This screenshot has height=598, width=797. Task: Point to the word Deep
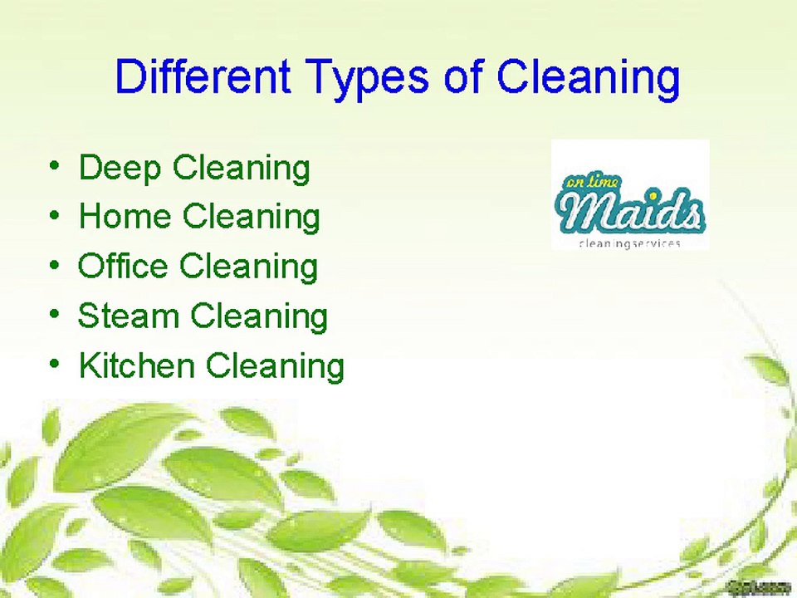click(x=120, y=169)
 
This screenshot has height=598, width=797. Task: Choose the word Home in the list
click(x=125, y=217)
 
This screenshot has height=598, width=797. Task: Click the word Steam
click(x=128, y=316)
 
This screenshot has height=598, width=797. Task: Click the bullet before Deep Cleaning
click(x=54, y=167)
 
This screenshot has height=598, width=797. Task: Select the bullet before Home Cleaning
click(x=54, y=217)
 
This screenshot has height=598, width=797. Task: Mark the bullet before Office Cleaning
click(x=54, y=267)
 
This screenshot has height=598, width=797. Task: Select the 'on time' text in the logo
click(x=585, y=184)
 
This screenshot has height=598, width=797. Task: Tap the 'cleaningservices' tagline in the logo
click(x=628, y=243)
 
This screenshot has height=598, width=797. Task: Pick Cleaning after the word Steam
click(x=259, y=317)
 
